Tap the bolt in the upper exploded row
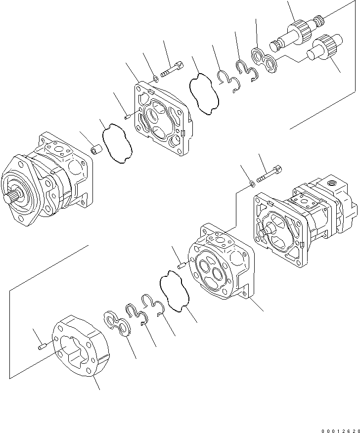coord(172,71)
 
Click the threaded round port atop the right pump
coord(333,183)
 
